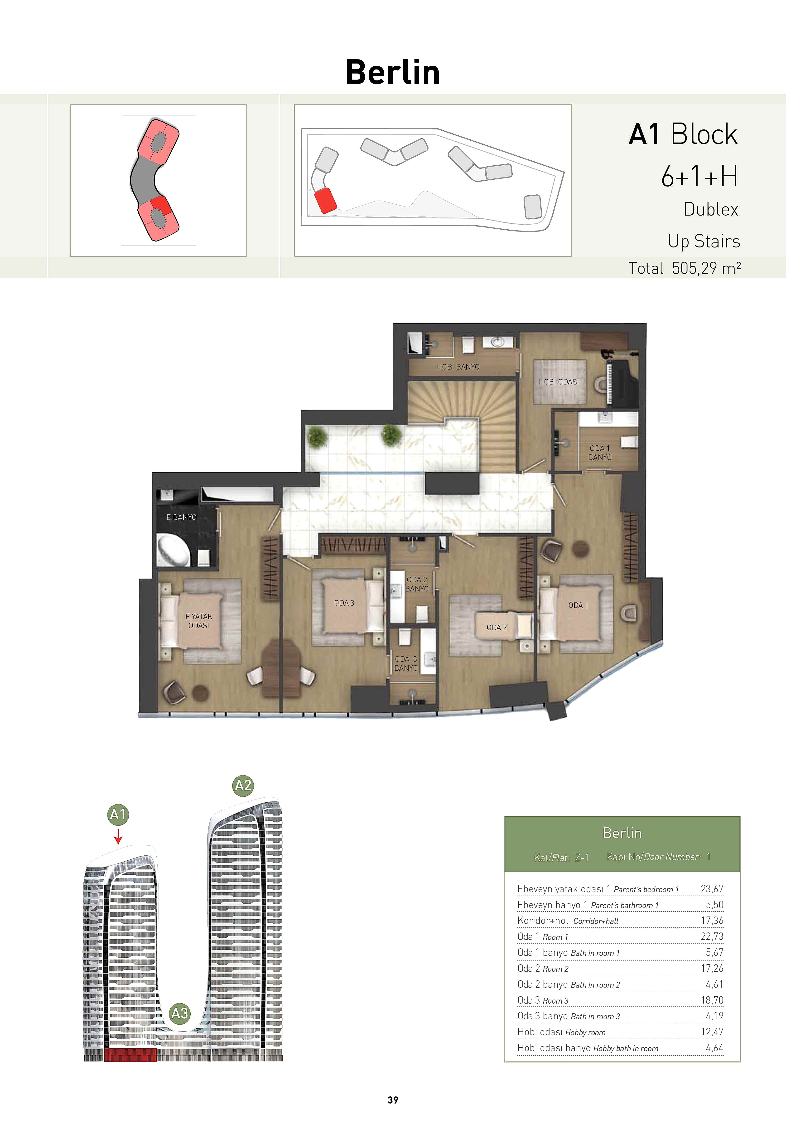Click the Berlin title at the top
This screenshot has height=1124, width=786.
(x=393, y=72)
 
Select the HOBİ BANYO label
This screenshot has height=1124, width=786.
(x=458, y=367)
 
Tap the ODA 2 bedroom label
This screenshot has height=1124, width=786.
(x=497, y=627)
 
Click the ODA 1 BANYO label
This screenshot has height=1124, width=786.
(x=600, y=452)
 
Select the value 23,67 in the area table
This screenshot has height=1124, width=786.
(x=712, y=888)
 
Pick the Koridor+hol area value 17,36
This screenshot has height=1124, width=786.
(x=712, y=920)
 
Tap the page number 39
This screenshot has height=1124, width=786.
(x=393, y=1100)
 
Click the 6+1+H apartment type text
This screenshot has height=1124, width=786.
(x=699, y=176)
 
